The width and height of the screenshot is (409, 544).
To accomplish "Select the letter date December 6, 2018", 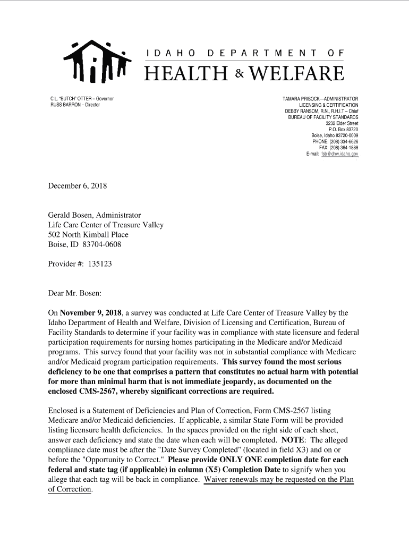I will [78, 186].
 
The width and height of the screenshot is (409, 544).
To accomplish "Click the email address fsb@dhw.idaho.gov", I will [340, 154].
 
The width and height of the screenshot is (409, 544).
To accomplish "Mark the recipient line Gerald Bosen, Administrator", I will [95, 215].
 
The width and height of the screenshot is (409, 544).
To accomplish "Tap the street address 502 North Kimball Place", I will [88, 234].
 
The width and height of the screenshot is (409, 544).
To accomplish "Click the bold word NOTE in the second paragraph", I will [292, 440].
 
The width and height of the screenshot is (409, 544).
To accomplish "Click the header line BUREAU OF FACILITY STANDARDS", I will [323, 117].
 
